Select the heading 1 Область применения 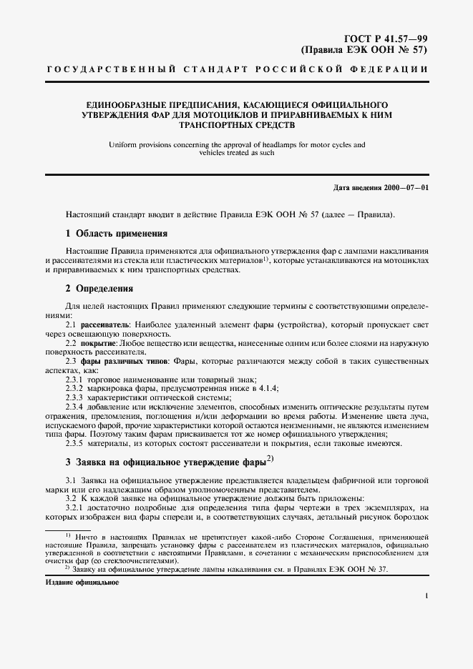pyautogui.click(x=117, y=233)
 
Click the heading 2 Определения pyautogui.click(x=99, y=289)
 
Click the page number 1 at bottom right pyautogui.click(x=426, y=595)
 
